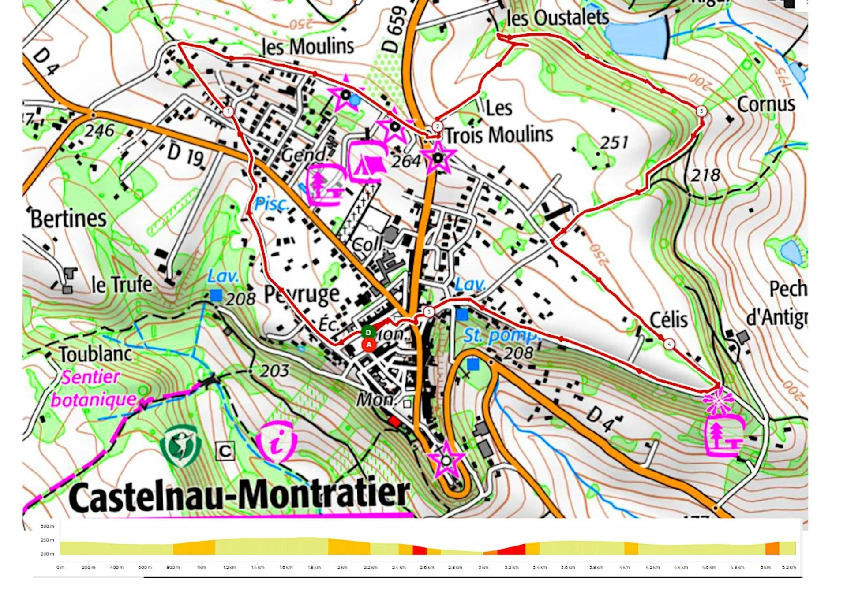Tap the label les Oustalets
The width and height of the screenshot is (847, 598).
coord(558,18)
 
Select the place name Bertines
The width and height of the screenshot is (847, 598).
coord(68,219)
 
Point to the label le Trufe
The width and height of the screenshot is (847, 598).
coord(122,284)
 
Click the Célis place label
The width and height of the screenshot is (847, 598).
coord(668,319)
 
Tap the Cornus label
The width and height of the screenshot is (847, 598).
coord(766,104)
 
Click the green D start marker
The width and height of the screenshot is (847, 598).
coord(368,332)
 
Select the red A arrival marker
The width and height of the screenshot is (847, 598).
coord(369,345)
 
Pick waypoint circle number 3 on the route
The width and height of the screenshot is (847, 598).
coord(701,111)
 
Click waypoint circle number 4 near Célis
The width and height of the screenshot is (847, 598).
coord(669,344)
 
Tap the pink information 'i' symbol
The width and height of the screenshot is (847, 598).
coord(277,442)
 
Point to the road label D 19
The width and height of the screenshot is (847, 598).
coord(185,154)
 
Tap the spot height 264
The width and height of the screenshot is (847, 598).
coord(406,161)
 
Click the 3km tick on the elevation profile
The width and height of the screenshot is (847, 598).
coord(483,568)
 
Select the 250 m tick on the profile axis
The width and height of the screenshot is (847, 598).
coord(47,540)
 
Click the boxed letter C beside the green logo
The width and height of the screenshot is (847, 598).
coord(225,451)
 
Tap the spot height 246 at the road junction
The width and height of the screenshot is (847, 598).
coord(100,130)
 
